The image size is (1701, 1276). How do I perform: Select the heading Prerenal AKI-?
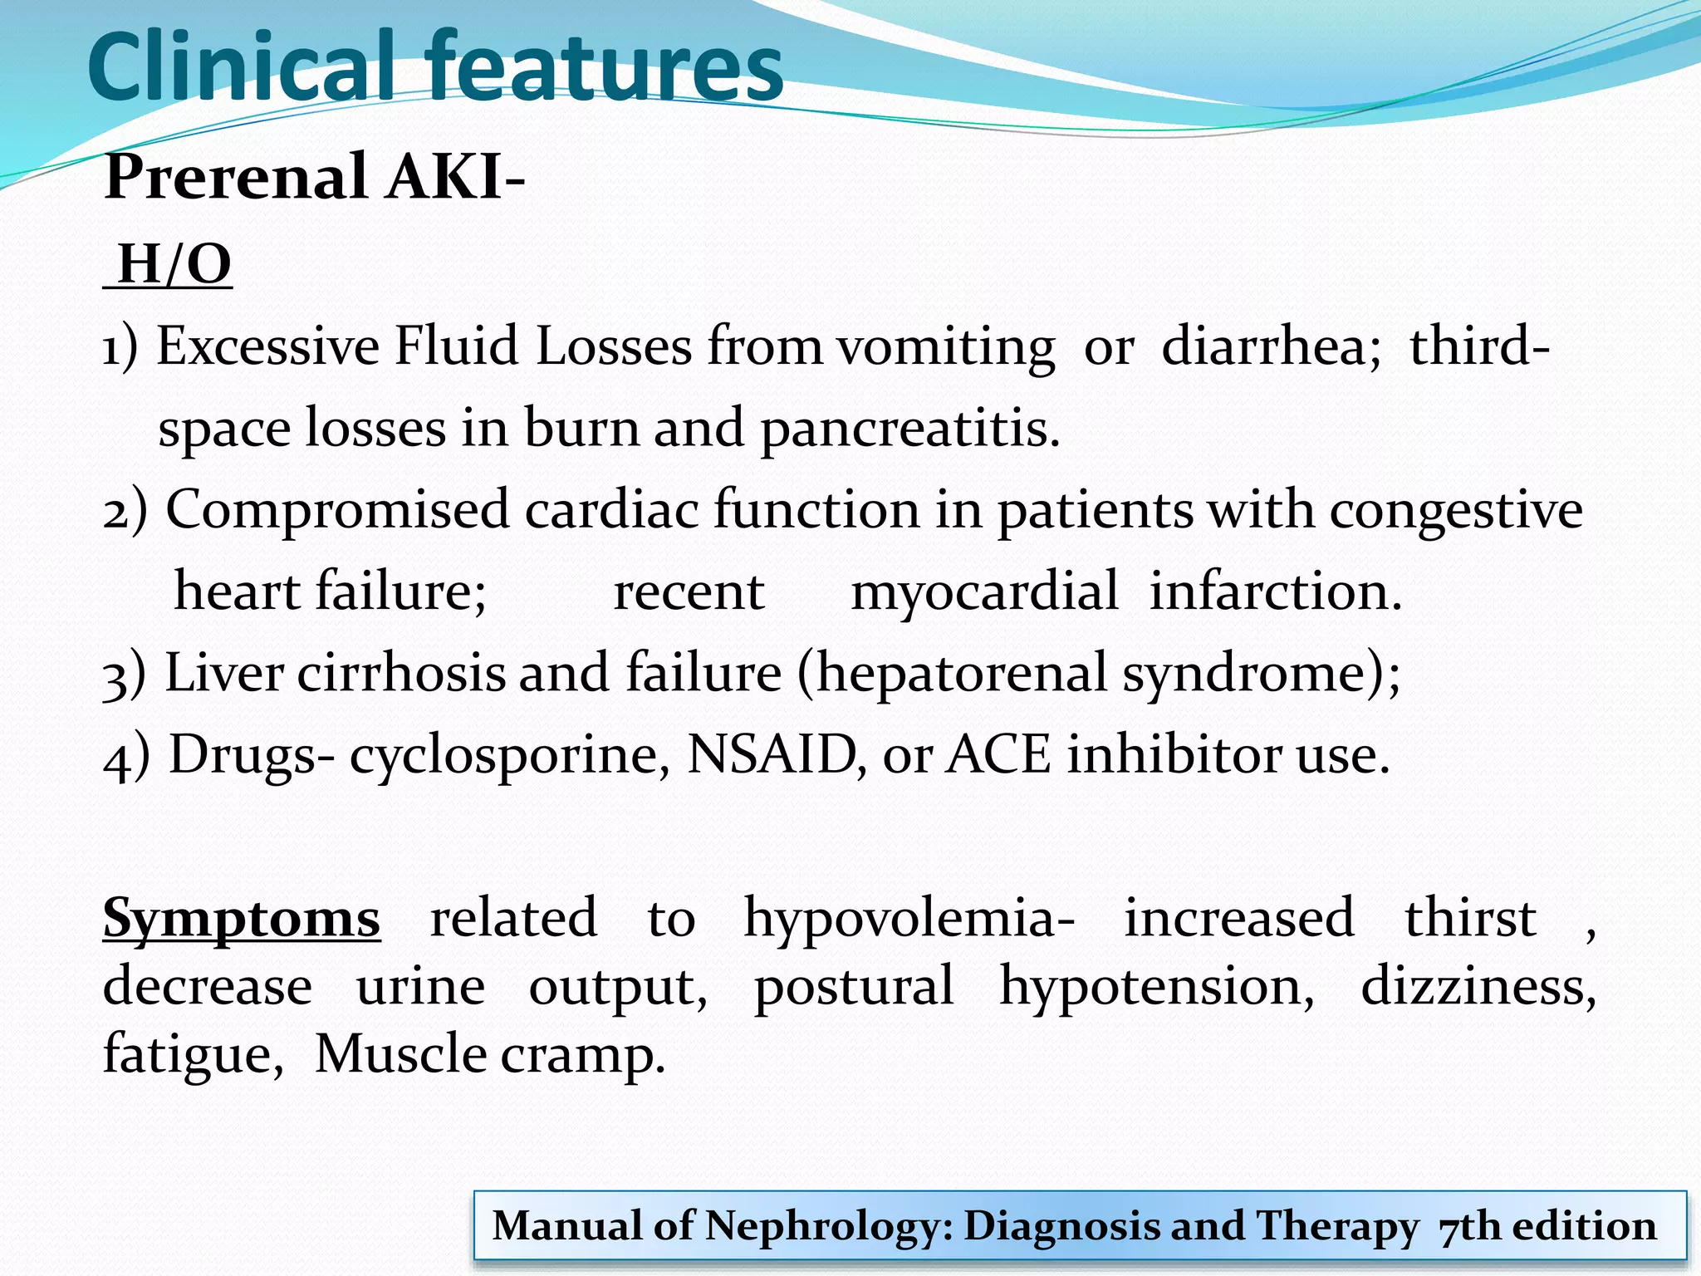coord(314,177)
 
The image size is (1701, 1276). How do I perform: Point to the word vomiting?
coord(945,346)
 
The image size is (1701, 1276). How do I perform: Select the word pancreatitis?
coord(909,429)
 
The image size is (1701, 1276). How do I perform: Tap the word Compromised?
coord(337,509)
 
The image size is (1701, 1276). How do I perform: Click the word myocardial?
coord(984,592)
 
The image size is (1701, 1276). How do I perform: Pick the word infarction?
coord(1275,591)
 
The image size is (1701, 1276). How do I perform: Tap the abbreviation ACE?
coord(998,754)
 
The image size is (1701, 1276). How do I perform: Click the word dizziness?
coord(1478,987)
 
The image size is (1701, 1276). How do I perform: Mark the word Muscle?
coord(400,1055)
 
